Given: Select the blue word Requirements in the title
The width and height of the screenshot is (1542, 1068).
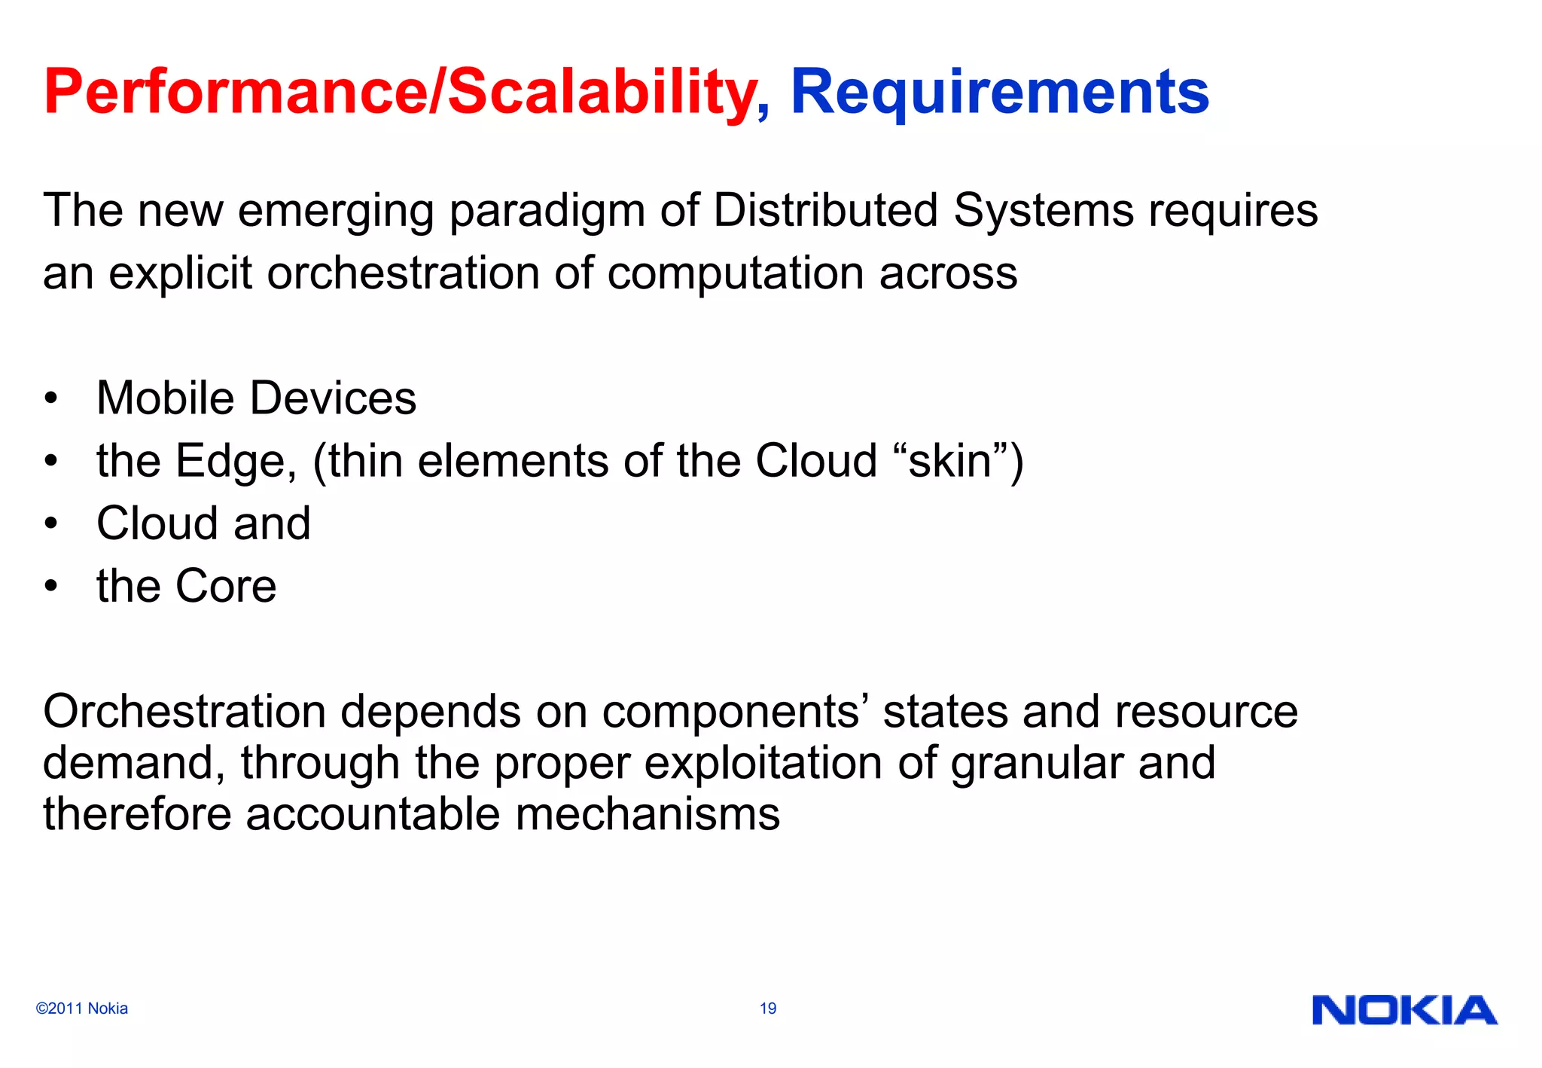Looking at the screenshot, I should [999, 92].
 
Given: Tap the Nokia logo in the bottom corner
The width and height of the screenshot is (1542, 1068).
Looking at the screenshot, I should [1404, 1010].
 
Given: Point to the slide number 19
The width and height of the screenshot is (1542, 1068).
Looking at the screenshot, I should [768, 1008].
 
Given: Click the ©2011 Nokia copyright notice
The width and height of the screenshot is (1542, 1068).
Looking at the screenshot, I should [82, 1008].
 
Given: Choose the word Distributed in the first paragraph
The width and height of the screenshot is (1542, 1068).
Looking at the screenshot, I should [825, 209].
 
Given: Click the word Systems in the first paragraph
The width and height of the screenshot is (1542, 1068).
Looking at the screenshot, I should [1043, 209].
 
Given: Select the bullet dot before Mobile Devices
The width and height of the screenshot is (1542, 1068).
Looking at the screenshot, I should [50, 398].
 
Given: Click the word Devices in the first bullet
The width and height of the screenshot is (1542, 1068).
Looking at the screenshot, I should [333, 398].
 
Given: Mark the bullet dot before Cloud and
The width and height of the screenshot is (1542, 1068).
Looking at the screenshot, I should [50, 523].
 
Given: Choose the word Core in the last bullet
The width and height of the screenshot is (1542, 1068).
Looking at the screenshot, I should [226, 586].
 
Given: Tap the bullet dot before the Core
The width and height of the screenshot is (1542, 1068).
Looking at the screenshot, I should [50, 586].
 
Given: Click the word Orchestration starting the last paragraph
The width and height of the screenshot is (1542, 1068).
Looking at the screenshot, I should [184, 711].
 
